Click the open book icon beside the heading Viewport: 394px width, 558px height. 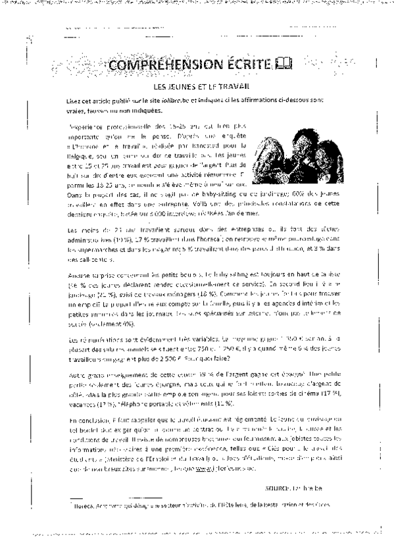(x=283, y=64)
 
